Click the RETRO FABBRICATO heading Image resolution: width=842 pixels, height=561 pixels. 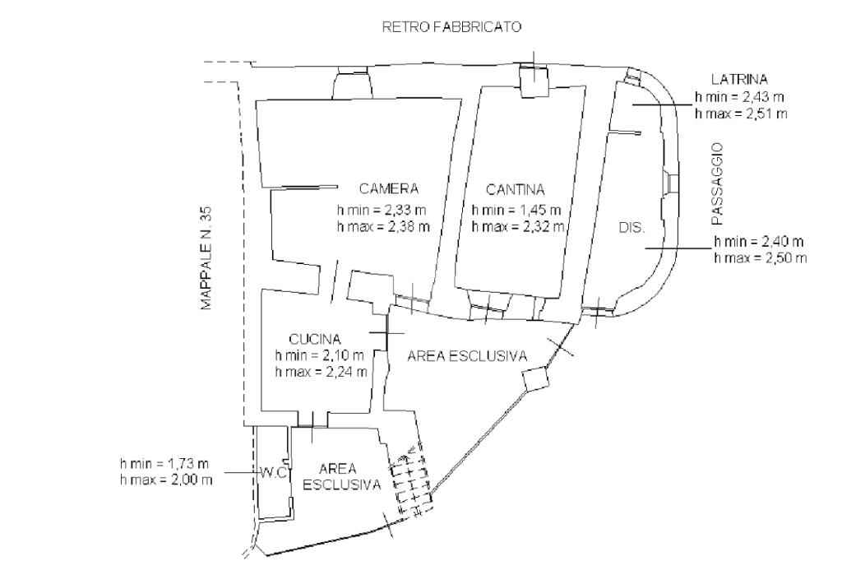pyautogui.click(x=452, y=27)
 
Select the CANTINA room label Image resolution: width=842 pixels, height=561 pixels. pyautogui.click(x=516, y=188)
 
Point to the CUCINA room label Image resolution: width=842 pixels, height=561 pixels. pyautogui.click(x=315, y=339)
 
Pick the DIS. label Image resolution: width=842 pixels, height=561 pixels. pyautogui.click(x=632, y=227)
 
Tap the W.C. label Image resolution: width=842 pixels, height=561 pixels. pyautogui.click(x=273, y=473)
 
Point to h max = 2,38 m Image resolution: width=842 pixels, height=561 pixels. pyautogui.click(x=383, y=225)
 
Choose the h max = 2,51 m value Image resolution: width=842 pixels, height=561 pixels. pyautogui.click(x=740, y=113)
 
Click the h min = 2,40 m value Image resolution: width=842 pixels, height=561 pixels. pyautogui.click(x=759, y=242)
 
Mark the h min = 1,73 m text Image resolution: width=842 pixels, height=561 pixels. pyautogui.click(x=165, y=465)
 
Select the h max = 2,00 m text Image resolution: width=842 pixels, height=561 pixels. pyautogui.click(x=165, y=480)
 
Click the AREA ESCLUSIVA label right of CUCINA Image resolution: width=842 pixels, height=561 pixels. pyautogui.click(x=467, y=356)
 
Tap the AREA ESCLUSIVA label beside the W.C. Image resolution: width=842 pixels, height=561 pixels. pyautogui.click(x=342, y=477)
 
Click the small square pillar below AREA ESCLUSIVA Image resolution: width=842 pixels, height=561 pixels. pyautogui.click(x=535, y=379)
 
